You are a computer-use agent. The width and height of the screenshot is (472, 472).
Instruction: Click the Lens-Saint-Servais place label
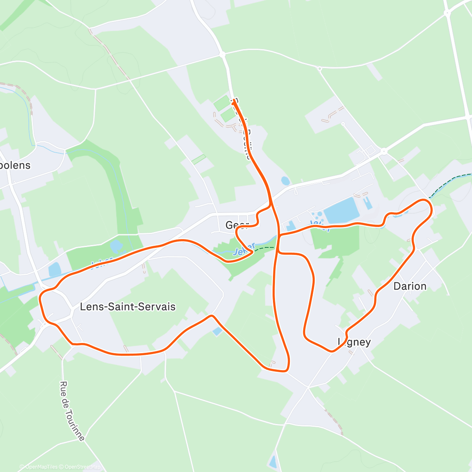127,307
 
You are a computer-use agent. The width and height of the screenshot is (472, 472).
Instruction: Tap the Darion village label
410,286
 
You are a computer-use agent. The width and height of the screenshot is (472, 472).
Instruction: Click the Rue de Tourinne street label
72,411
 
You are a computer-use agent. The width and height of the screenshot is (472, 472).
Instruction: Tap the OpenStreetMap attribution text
82,467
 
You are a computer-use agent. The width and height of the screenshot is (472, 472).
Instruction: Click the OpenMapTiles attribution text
41,467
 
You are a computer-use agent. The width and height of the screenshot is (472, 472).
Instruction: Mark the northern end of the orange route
234,101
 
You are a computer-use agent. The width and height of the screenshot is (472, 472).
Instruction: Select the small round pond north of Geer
286,181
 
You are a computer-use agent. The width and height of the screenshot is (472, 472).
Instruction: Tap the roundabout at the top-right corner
447,13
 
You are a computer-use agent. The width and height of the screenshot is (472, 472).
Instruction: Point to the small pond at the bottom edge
273,462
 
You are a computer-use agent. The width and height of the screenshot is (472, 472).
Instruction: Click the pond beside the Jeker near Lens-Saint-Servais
54,269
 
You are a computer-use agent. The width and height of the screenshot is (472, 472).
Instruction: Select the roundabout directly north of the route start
223,54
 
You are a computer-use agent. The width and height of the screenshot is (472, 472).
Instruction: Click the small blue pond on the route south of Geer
217,331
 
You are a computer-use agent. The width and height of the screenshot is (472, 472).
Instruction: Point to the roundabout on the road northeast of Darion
384,151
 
